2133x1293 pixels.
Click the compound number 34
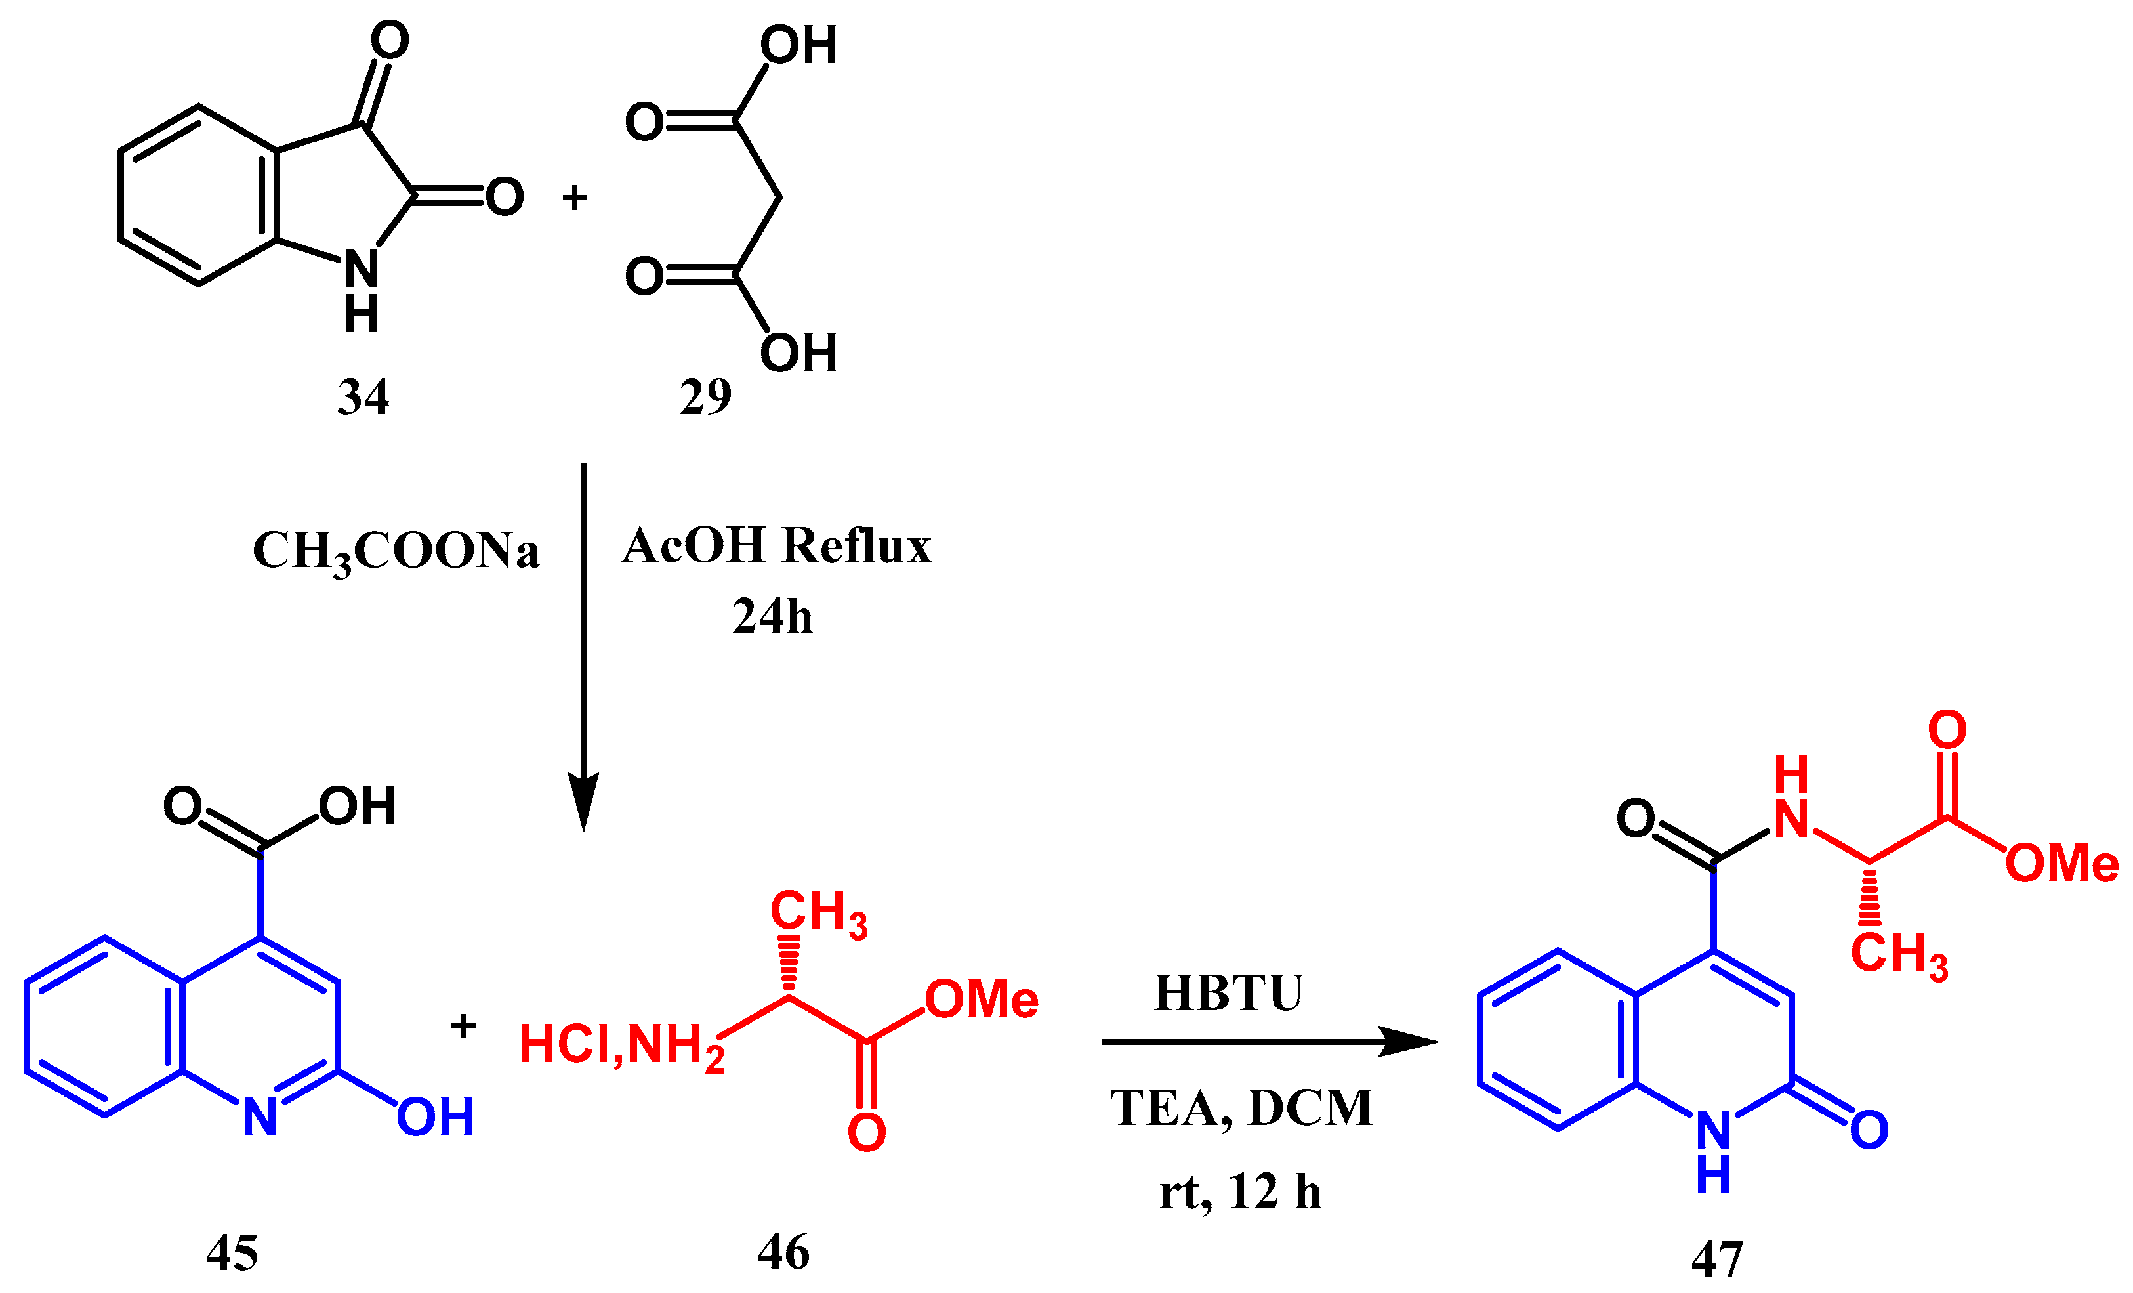tap(363, 398)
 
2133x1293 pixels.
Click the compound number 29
tap(705, 398)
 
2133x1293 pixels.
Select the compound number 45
tap(232, 1253)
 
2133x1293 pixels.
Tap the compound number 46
tap(783, 1252)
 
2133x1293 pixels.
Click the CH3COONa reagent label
tap(396, 552)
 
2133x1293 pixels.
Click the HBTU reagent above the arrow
tap(1228, 992)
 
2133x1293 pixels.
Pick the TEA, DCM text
tap(1241, 1108)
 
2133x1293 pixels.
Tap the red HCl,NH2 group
tap(621, 1046)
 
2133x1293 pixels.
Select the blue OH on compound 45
tap(434, 1117)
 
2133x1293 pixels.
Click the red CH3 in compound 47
tap(1898, 954)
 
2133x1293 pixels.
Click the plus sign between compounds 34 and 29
tap(575, 198)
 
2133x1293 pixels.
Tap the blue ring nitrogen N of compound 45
tap(260, 1117)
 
